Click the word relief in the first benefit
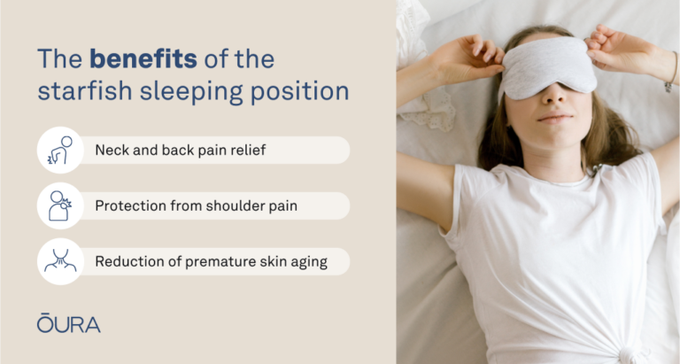[246, 150]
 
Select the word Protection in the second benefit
[129, 205]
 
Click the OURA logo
[68, 323]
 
